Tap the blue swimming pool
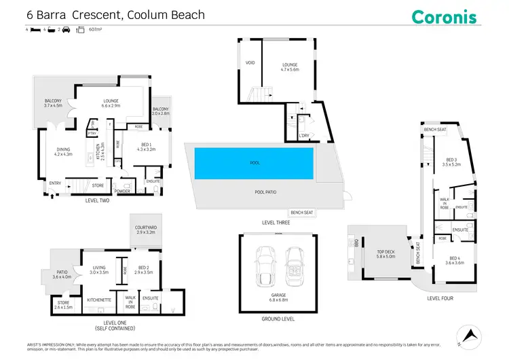pyautogui.click(x=254, y=163)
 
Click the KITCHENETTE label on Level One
pyautogui.click(x=99, y=299)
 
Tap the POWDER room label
pyautogui.click(x=123, y=191)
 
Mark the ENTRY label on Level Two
pyautogui.click(x=55, y=183)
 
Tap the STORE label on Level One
pyautogui.click(x=63, y=304)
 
